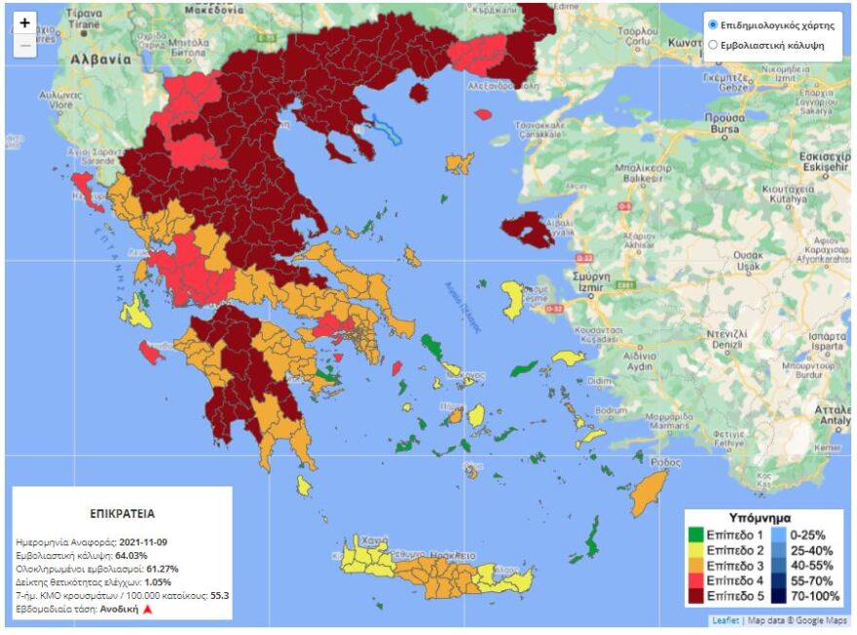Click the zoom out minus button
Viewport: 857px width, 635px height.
click(25, 46)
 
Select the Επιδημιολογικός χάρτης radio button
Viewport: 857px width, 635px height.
click(714, 25)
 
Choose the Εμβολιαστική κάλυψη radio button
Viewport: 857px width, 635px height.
click(714, 45)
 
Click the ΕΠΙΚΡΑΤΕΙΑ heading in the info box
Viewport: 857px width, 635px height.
click(122, 512)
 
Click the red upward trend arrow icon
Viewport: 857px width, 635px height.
click(148, 609)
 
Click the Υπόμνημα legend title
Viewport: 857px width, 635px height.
click(760, 517)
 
